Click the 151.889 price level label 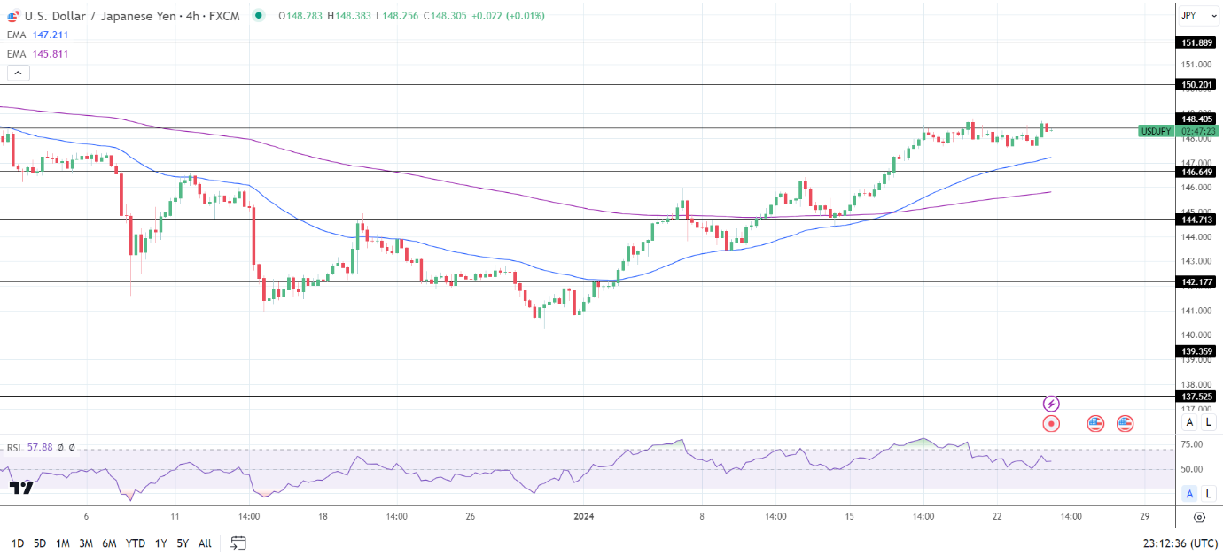pos(1196,42)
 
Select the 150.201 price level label pos(1196,85)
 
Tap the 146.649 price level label pos(1196,171)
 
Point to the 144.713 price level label pos(1196,219)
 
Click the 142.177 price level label pos(1196,281)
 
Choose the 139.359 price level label pos(1196,351)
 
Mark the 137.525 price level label pos(1196,397)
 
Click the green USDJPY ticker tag pos(1157,131)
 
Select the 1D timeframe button pos(17,543)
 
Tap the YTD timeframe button pos(136,543)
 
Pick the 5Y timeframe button pos(183,543)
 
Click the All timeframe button pos(205,543)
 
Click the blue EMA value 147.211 pos(50,35)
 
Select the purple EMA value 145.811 pos(50,54)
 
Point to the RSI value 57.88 pos(41,448)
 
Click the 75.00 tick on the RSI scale pos(1191,444)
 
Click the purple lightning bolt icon pos(1051,404)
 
